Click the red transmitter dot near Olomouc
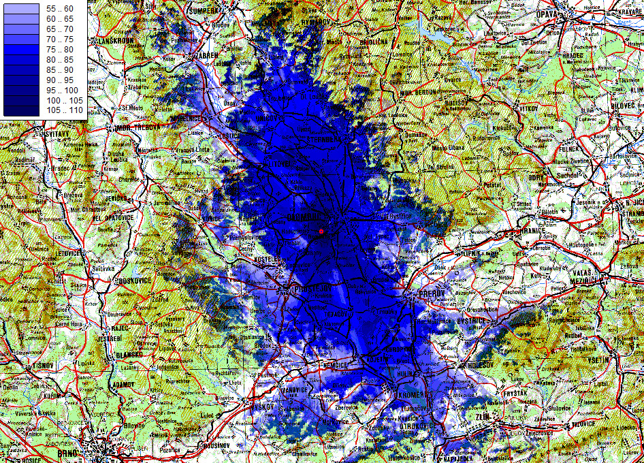(321, 231)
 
